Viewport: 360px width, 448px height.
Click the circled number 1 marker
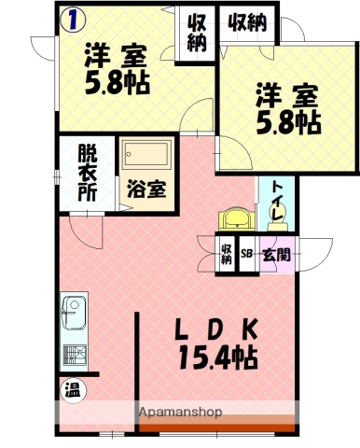[71, 17]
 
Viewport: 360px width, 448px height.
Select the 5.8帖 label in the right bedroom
[288, 122]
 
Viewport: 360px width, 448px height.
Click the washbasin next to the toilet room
[237, 218]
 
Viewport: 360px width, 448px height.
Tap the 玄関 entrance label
[274, 253]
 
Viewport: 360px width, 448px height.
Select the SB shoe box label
[247, 253]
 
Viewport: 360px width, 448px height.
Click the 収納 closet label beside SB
[227, 253]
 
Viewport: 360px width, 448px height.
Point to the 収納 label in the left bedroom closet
[195, 34]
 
